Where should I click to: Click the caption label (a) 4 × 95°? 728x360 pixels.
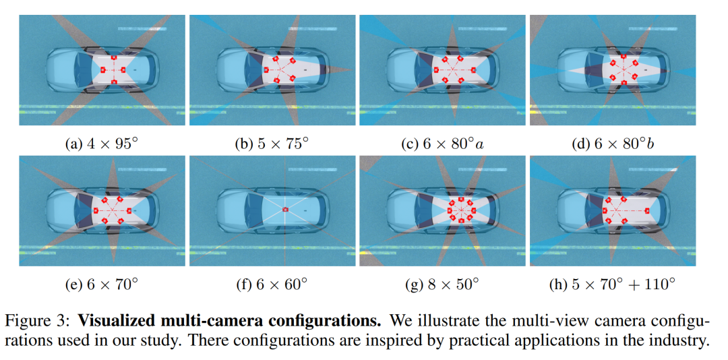(102, 143)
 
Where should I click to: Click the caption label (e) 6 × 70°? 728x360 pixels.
(102, 284)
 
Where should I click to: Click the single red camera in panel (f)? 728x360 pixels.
(285, 210)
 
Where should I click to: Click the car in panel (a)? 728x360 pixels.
(102, 70)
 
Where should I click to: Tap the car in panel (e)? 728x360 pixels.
(102, 210)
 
